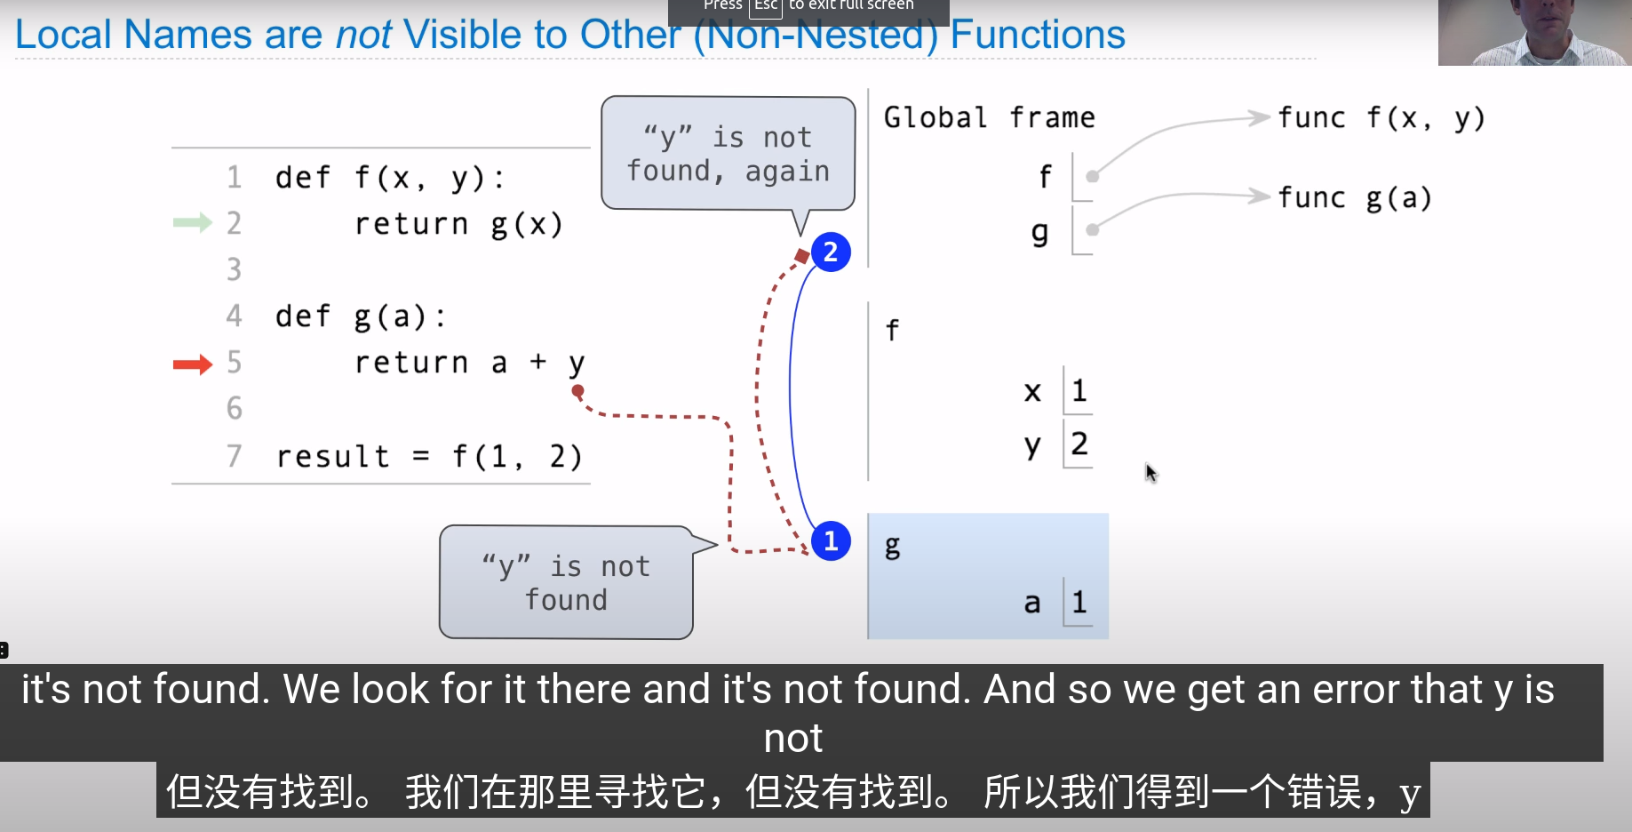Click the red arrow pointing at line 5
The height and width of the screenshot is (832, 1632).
pos(193,364)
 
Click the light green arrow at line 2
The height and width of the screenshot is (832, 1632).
pos(193,222)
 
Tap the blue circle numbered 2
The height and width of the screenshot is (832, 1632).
pos(831,252)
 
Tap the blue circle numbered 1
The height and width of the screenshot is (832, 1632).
pos(831,540)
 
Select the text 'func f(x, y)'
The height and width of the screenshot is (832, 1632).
pos(1381,118)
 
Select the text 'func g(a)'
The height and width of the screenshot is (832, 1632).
pos(1355,198)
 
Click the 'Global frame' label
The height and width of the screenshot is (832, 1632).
pos(989,117)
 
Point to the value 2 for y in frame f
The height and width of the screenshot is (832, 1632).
pos(1079,444)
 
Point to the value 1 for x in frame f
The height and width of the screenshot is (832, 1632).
pos(1079,390)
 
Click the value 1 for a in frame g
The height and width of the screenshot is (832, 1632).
pos(1079,602)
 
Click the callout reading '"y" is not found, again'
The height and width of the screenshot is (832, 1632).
pos(728,154)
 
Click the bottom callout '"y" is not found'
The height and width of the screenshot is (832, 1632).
pos(566,582)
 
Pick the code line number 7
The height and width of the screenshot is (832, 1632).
pos(234,456)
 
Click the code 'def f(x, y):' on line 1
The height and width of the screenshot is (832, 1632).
pos(390,178)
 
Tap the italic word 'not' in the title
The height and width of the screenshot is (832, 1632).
pos(363,35)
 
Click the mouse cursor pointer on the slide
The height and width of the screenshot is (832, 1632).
pos(1150,473)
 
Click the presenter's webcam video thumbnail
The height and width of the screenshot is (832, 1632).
pos(1534,32)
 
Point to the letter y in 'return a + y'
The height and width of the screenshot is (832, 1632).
pos(577,364)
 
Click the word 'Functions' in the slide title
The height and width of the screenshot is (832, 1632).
pos(1038,35)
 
